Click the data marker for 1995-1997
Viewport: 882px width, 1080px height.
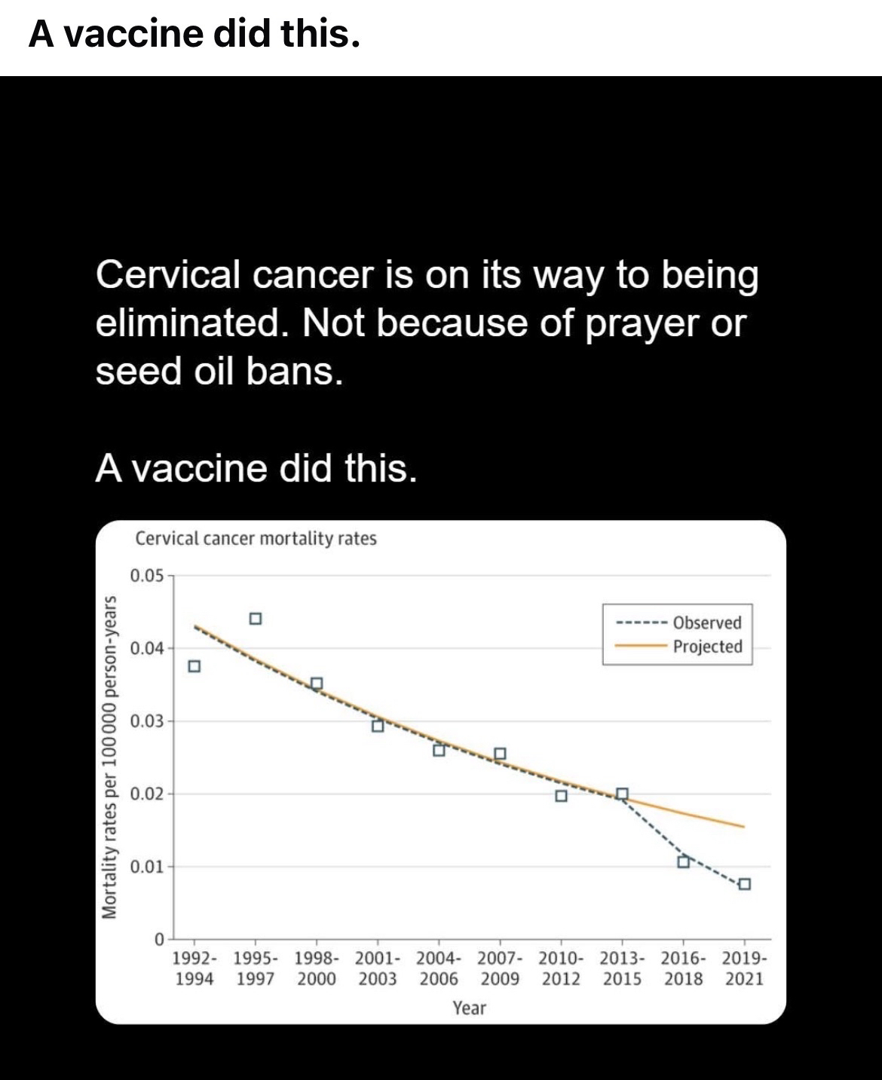(x=256, y=619)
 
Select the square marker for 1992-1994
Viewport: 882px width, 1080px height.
(x=194, y=666)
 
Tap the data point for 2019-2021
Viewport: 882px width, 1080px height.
(x=744, y=884)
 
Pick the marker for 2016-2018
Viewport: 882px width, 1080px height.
(x=683, y=861)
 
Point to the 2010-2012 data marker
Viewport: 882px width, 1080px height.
(x=561, y=796)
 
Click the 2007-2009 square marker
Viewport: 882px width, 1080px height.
(x=500, y=754)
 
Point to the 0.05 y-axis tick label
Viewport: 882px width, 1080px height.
(x=146, y=577)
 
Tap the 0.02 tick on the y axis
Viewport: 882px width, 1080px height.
(x=146, y=794)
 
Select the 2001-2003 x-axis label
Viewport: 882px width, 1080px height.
(x=378, y=969)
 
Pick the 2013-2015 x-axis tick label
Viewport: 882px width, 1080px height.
(x=622, y=969)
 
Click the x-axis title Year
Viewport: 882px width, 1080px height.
(x=469, y=1008)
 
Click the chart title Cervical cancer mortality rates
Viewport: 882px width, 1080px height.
(x=256, y=539)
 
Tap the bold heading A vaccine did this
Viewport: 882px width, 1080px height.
(x=194, y=34)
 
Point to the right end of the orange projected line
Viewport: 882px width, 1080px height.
(x=743, y=827)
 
